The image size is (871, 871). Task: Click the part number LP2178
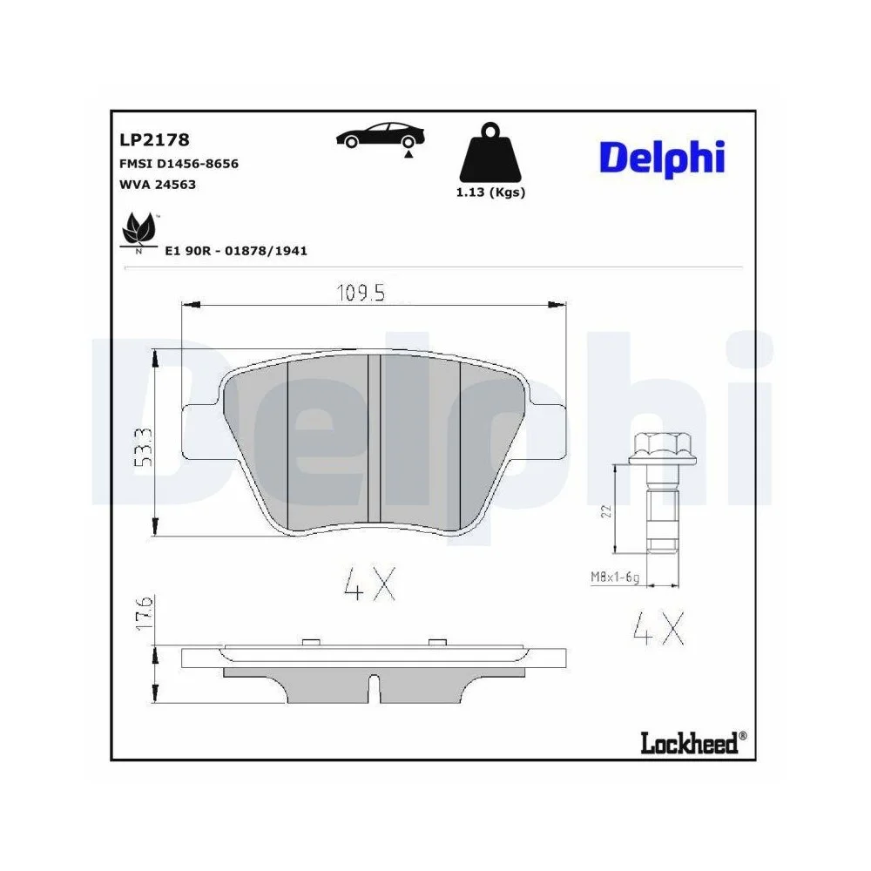click(x=154, y=139)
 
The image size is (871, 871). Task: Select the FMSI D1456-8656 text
click(x=179, y=164)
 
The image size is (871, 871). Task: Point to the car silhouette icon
click(x=379, y=137)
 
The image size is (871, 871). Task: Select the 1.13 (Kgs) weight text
click(x=490, y=192)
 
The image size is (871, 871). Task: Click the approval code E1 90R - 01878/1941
click(x=236, y=251)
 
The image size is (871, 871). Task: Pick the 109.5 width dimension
click(x=361, y=294)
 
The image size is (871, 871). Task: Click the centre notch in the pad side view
click(x=373, y=689)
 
